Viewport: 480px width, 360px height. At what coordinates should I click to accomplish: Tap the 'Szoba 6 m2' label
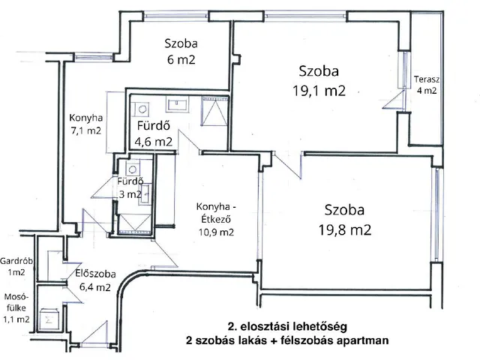point(181,52)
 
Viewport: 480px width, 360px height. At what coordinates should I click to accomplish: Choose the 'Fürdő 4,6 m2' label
point(154,133)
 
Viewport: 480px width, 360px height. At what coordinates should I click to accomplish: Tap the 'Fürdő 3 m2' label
point(129,187)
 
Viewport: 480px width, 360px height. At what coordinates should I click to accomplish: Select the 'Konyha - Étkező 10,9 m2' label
point(215,220)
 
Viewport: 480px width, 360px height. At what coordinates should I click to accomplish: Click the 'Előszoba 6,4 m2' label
point(94,279)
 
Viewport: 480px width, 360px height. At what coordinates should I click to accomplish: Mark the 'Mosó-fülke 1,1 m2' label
point(16,307)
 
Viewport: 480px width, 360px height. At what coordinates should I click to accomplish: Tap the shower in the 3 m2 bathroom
point(133,222)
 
